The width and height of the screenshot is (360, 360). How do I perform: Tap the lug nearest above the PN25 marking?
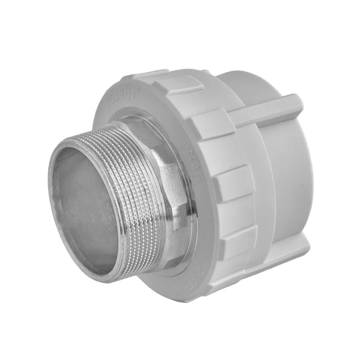212,122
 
